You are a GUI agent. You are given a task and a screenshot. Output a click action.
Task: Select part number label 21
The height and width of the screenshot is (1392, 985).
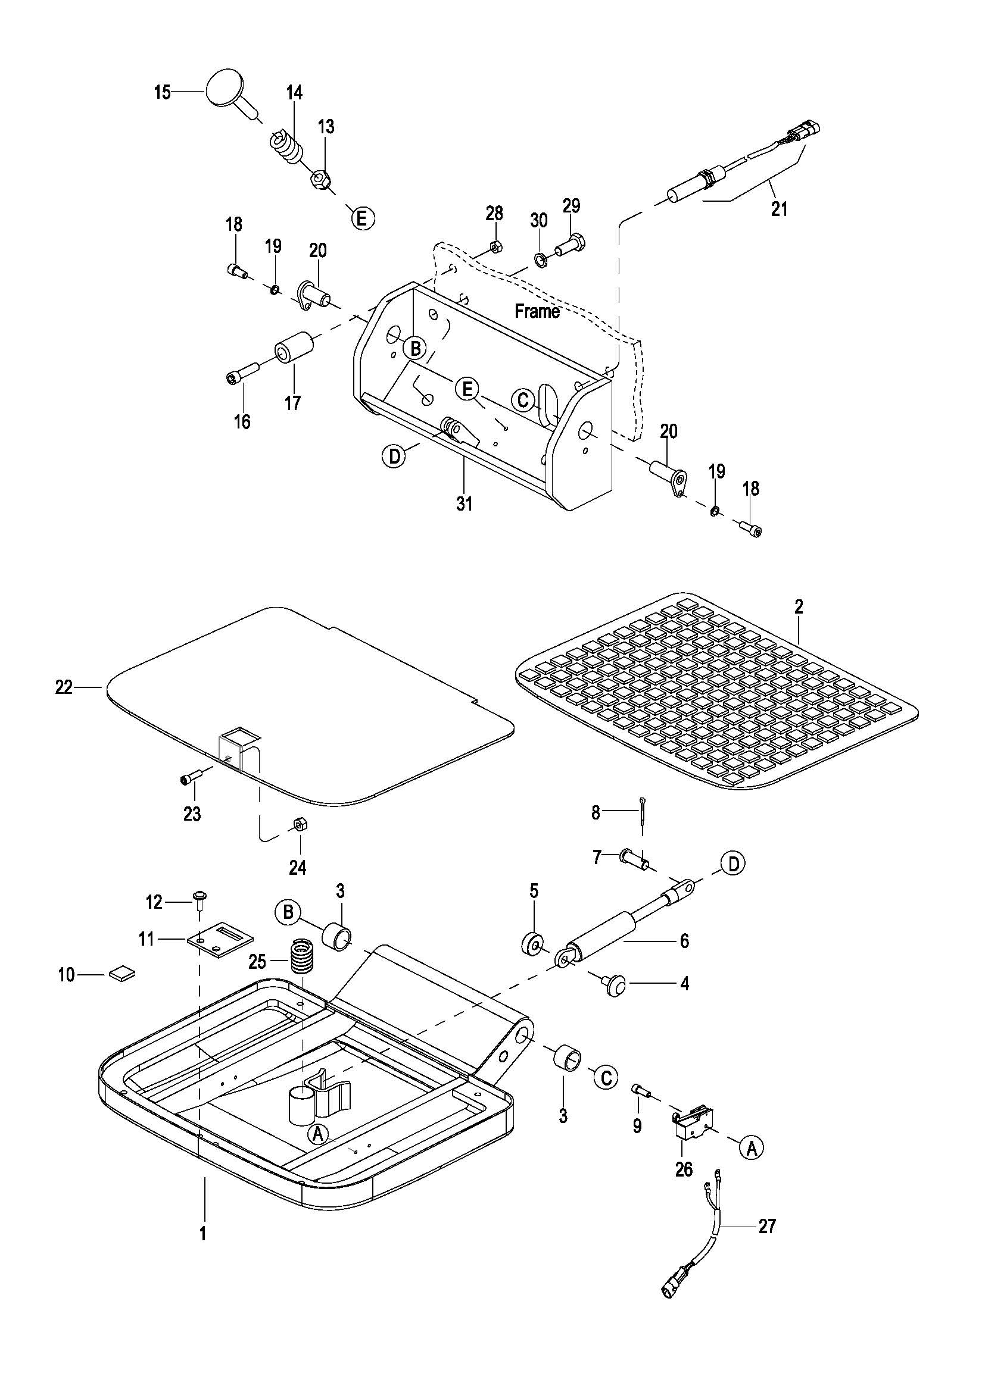tap(780, 208)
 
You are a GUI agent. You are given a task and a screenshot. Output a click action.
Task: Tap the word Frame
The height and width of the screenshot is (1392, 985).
tap(537, 311)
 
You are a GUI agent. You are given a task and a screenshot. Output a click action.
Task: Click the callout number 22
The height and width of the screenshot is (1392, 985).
tap(64, 687)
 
